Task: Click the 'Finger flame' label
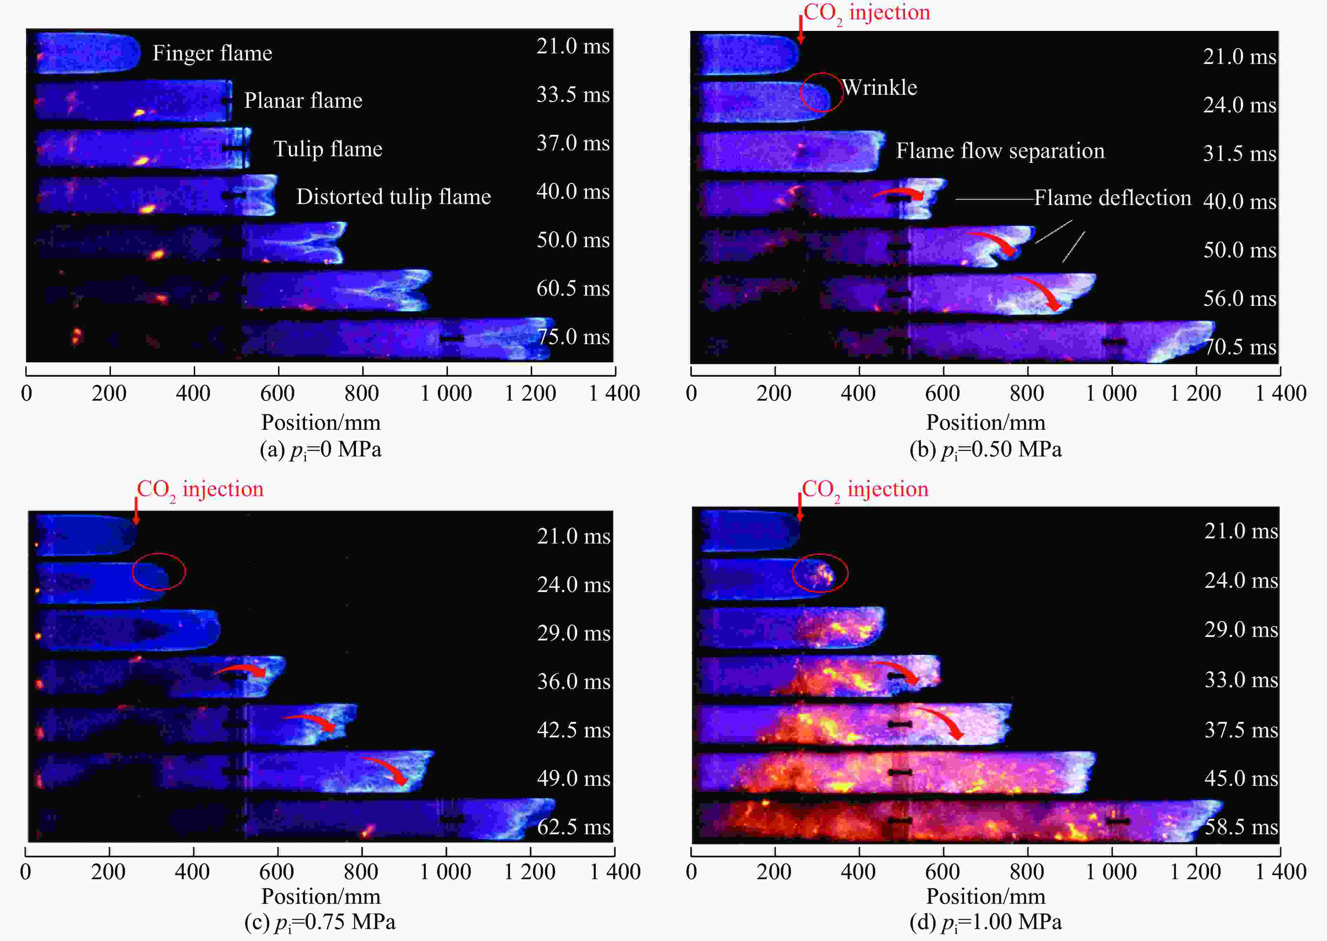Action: [x=212, y=53]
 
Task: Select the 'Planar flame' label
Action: [x=303, y=101]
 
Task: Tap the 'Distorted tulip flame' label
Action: [x=393, y=197]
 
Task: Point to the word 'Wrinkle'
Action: [x=879, y=87]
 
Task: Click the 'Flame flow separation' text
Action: [x=1000, y=151]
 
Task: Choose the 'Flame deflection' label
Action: [x=1112, y=198]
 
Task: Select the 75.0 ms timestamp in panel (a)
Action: [x=573, y=337]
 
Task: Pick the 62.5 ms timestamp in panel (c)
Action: [x=573, y=827]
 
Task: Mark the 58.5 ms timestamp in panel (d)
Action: [x=1241, y=827]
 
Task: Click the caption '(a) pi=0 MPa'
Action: [x=320, y=450]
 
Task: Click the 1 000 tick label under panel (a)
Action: [x=446, y=394]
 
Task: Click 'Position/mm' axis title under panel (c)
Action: [x=320, y=896]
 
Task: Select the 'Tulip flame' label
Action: [x=328, y=149]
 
